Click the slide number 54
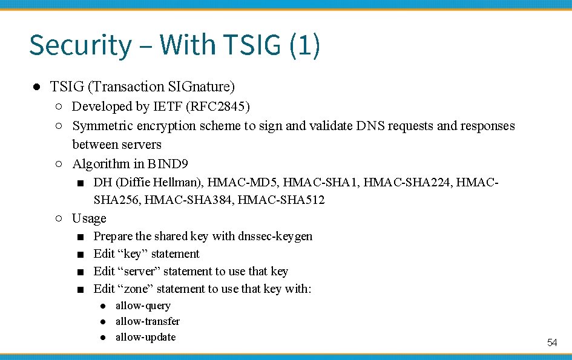(x=552, y=343)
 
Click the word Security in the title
(x=80, y=46)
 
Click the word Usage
(x=89, y=218)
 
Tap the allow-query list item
(x=143, y=306)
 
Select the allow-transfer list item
(x=148, y=321)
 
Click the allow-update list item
(x=145, y=337)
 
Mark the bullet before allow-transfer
(x=104, y=322)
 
